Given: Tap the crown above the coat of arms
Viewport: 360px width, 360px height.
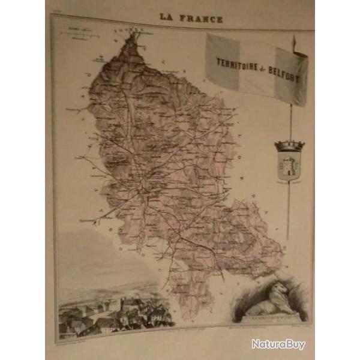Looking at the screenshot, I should pyautogui.click(x=289, y=145).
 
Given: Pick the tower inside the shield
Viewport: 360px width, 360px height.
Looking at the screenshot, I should pyautogui.click(x=289, y=166).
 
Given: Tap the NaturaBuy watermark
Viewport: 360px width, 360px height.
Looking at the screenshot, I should pyautogui.click(x=278, y=344).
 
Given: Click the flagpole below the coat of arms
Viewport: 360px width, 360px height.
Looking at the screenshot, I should pyautogui.click(x=289, y=210).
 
